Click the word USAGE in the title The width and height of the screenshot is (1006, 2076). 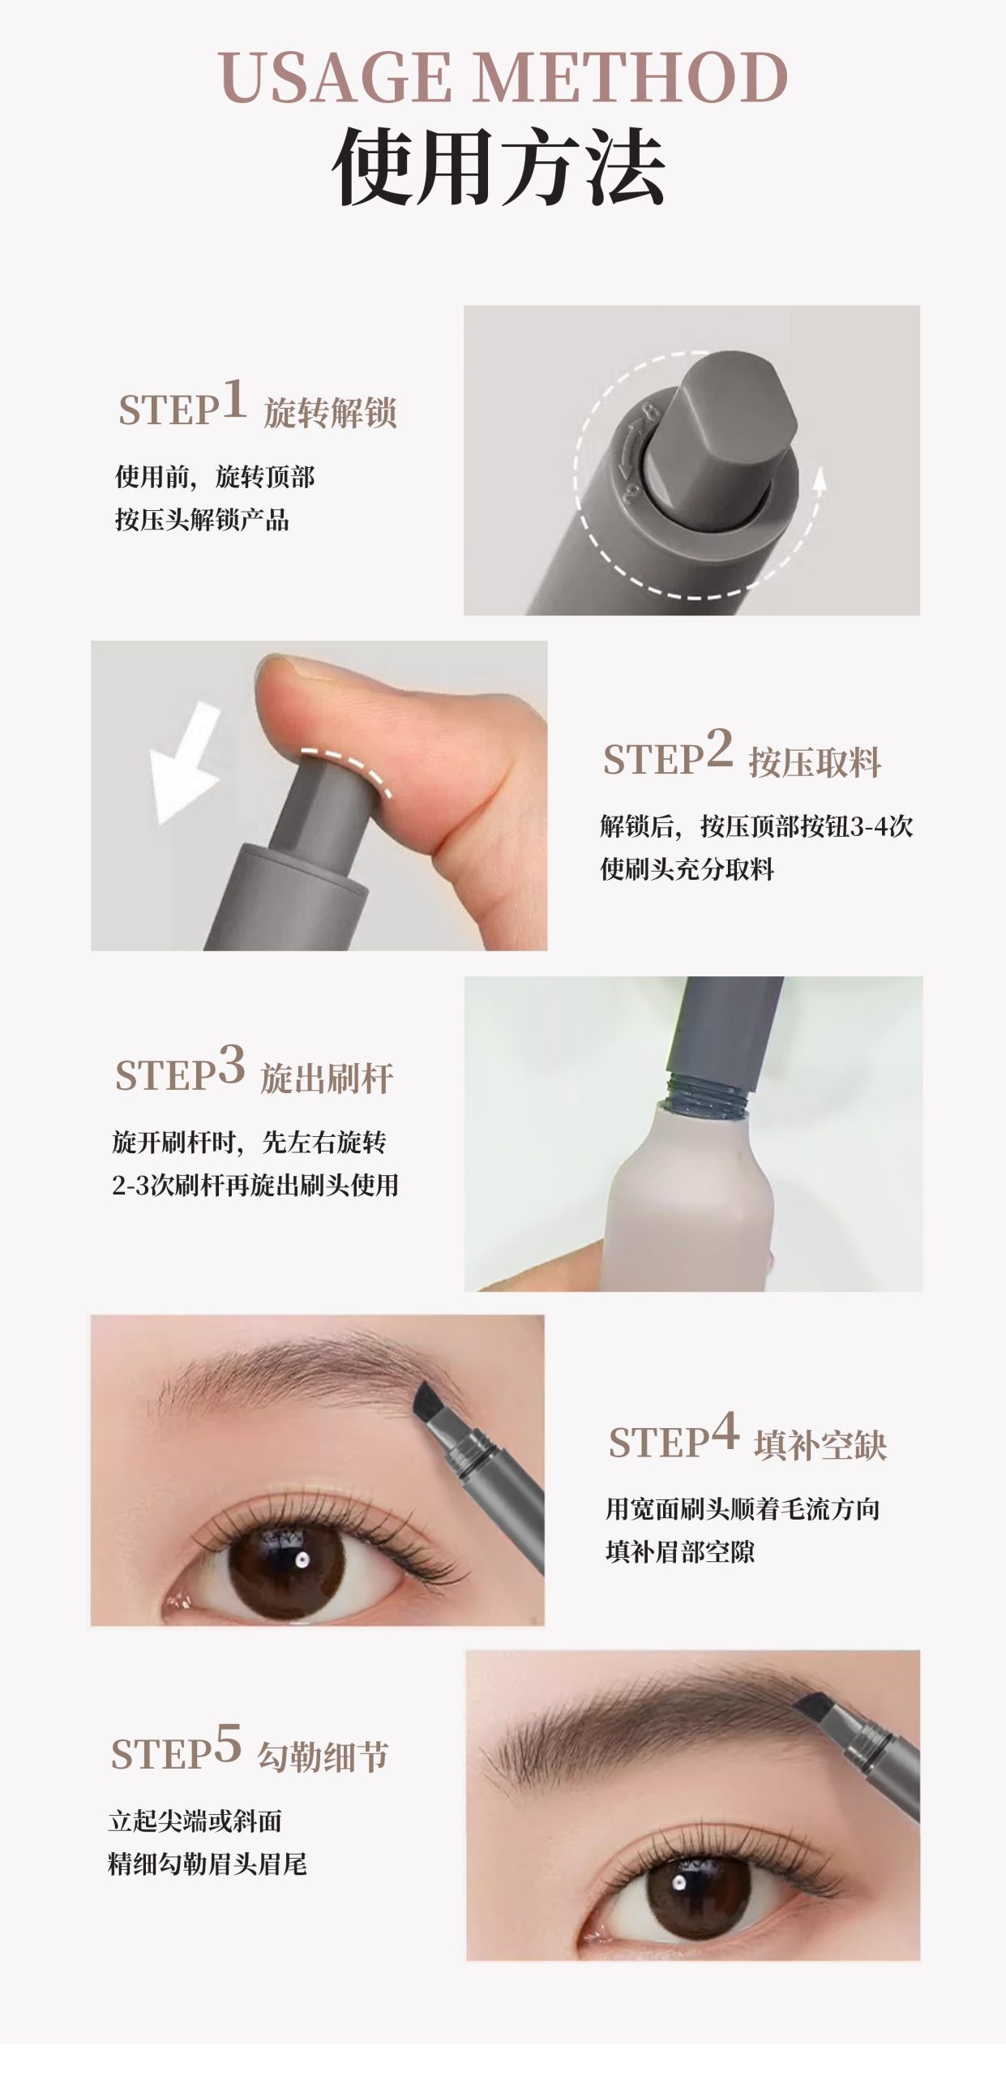[334, 78]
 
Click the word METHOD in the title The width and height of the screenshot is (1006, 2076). [630, 78]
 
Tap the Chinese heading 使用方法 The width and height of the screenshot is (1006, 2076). [499, 166]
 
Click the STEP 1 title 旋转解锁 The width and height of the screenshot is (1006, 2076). [330, 413]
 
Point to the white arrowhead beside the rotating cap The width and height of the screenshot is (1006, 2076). [820, 479]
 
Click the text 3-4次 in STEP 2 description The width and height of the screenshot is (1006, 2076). [881, 826]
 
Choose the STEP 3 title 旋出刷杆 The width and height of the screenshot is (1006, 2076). [327, 1079]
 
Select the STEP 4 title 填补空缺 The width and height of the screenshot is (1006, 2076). [820, 1445]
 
